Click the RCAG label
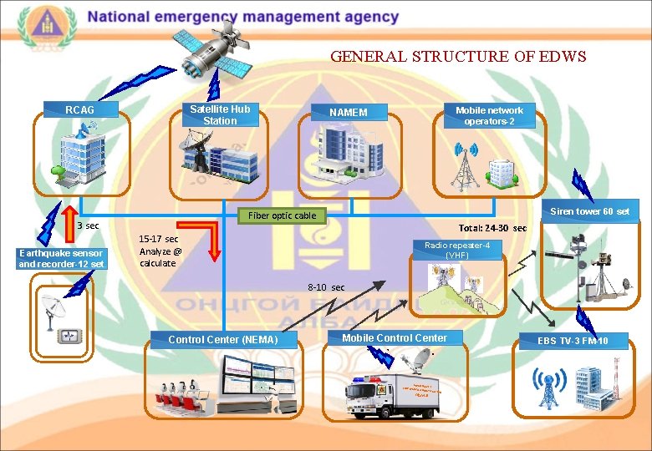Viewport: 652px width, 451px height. tap(81, 109)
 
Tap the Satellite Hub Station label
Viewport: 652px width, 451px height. tap(220, 114)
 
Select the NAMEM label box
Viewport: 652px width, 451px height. tap(348, 112)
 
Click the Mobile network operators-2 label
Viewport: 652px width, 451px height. tap(489, 115)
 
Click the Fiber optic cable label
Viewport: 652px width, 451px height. tap(283, 215)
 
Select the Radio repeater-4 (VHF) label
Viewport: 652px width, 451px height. tap(457, 250)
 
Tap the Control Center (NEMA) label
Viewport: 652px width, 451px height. tap(222, 339)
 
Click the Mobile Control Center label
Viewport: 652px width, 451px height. tap(395, 337)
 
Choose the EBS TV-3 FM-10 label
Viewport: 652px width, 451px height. tap(573, 340)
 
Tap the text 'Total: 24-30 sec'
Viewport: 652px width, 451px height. tap(493, 228)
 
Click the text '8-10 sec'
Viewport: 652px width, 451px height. tap(326, 287)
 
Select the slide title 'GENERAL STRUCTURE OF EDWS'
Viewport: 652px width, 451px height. tap(458, 57)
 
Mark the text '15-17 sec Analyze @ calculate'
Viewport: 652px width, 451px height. tap(160, 251)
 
